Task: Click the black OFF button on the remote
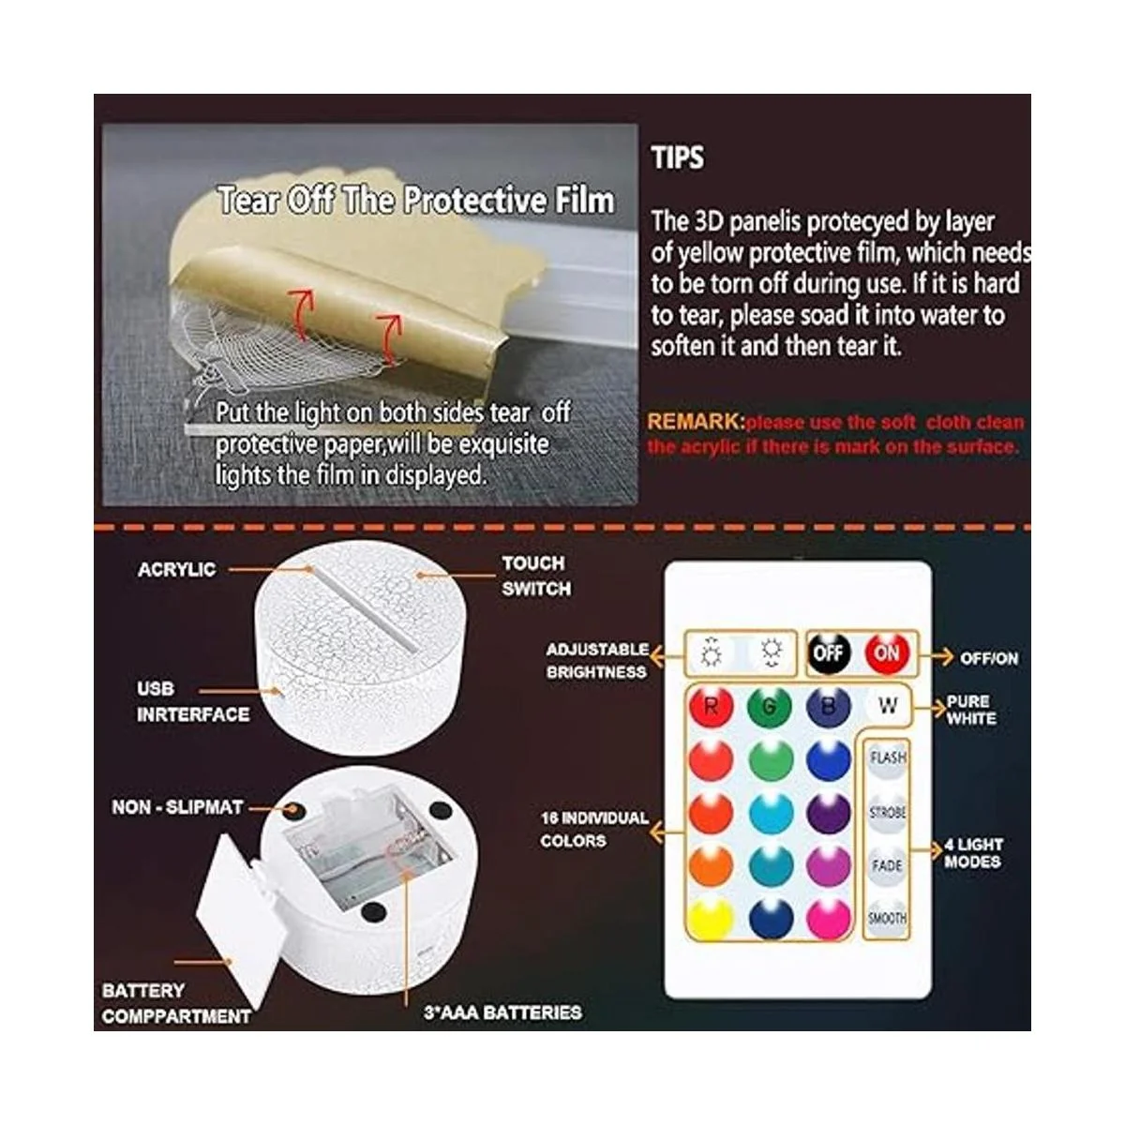[828, 652]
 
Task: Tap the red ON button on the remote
[886, 652]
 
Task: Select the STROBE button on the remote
[887, 812]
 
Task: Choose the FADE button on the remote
[887, 864]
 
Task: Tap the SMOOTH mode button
[887, 918]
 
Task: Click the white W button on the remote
[887, 707]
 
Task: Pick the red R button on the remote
[711, 707]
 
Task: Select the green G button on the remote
[770, 707]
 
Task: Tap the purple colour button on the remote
[829, 813]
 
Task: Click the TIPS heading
[677, 157]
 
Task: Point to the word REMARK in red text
[696, 422]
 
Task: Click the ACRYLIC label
[177, 569]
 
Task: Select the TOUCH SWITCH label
[536, 576]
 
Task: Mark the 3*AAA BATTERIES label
[502, 1012]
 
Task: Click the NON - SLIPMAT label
[177, 807]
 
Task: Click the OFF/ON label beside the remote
[989, 658]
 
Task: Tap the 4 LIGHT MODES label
[973, 853]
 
